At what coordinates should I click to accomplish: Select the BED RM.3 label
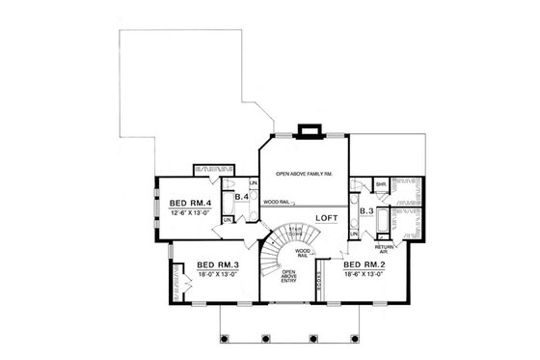(218, 264)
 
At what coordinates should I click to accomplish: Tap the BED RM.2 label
(365, 264)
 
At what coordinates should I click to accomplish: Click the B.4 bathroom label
(243, 197)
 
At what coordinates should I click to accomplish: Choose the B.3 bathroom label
(365, 209)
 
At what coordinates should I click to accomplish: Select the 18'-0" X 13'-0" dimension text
(218, 274)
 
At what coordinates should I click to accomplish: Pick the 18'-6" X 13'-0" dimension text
(365, 274)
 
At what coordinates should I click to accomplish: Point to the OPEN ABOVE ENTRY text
(287, 277)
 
